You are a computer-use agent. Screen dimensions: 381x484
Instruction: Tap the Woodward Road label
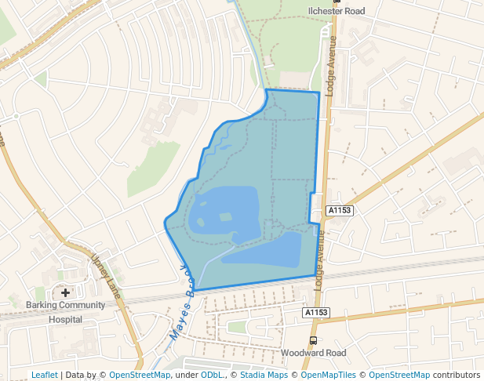tap(313, 354)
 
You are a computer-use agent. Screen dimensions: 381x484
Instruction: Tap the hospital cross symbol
tap(65, 292)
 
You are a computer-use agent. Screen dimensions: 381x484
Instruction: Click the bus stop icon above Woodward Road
tap(314, 340)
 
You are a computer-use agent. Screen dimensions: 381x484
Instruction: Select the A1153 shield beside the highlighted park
tap(340, 210)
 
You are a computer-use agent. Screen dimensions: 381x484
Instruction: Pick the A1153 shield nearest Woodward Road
tap(315, 313)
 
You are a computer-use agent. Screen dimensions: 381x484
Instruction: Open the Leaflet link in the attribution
tap(45, 375)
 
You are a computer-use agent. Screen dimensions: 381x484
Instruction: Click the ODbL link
tap(211, 375)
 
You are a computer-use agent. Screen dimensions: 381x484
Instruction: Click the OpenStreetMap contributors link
tap(398, 375)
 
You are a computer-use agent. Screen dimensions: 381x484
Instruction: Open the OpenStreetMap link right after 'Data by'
tap(140, 375)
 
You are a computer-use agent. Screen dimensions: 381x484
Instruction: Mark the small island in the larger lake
tap(226, 216)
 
